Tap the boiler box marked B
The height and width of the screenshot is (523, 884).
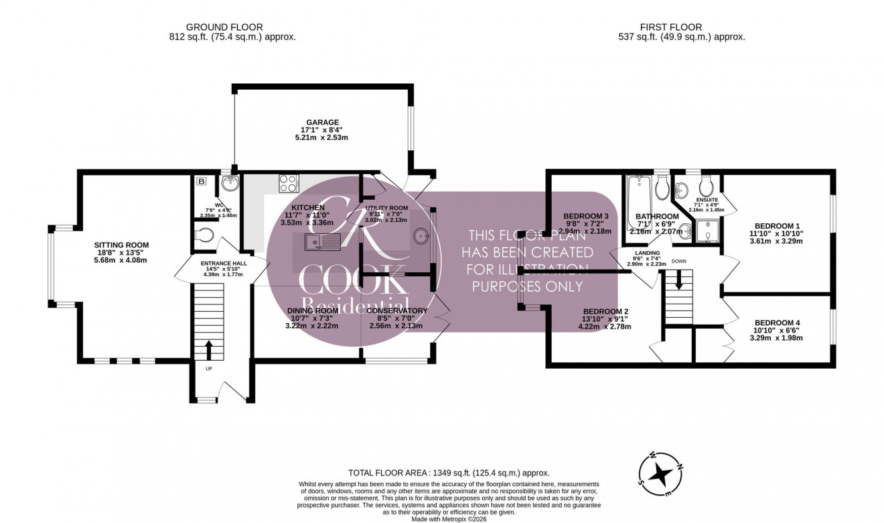tap(201, 181)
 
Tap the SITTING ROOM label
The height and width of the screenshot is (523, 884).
tap(122, 245)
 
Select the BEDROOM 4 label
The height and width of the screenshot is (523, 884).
tap(777, 323)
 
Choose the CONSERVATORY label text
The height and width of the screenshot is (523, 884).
tap(396, 310)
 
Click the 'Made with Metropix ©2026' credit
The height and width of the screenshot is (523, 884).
tap(449, 518)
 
